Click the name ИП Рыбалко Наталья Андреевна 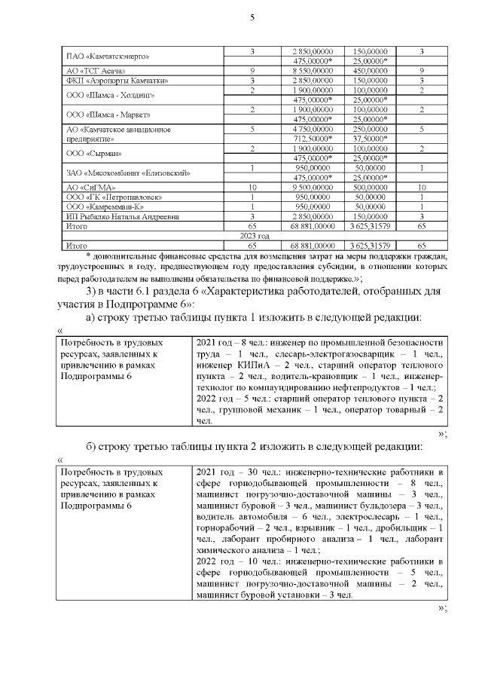coord(123,217)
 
